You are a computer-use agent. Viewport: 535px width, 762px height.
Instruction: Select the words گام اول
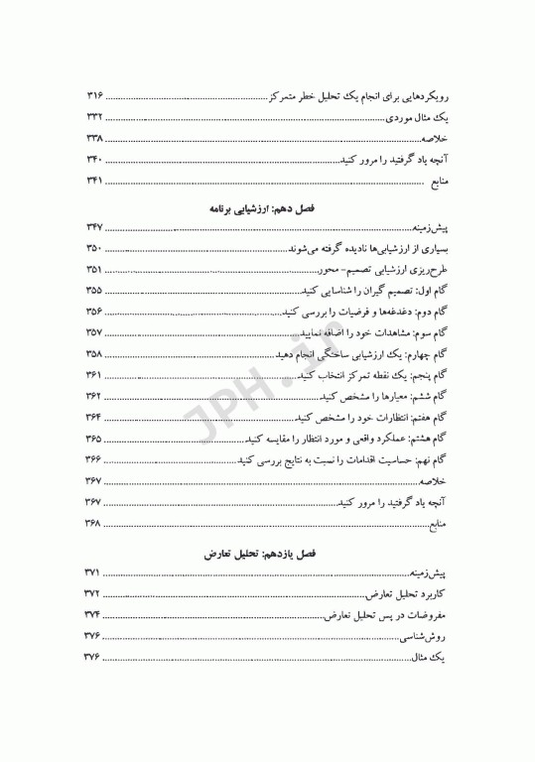pyautogui.click(x=434, y=292)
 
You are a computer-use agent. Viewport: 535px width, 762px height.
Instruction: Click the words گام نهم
pyautogui.click(x=434, y=459)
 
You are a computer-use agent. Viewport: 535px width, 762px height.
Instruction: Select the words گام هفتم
pyautogui.click(x=432, y=417)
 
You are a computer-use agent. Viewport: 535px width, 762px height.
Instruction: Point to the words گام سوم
pyautogui.click(x=433, y=334)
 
